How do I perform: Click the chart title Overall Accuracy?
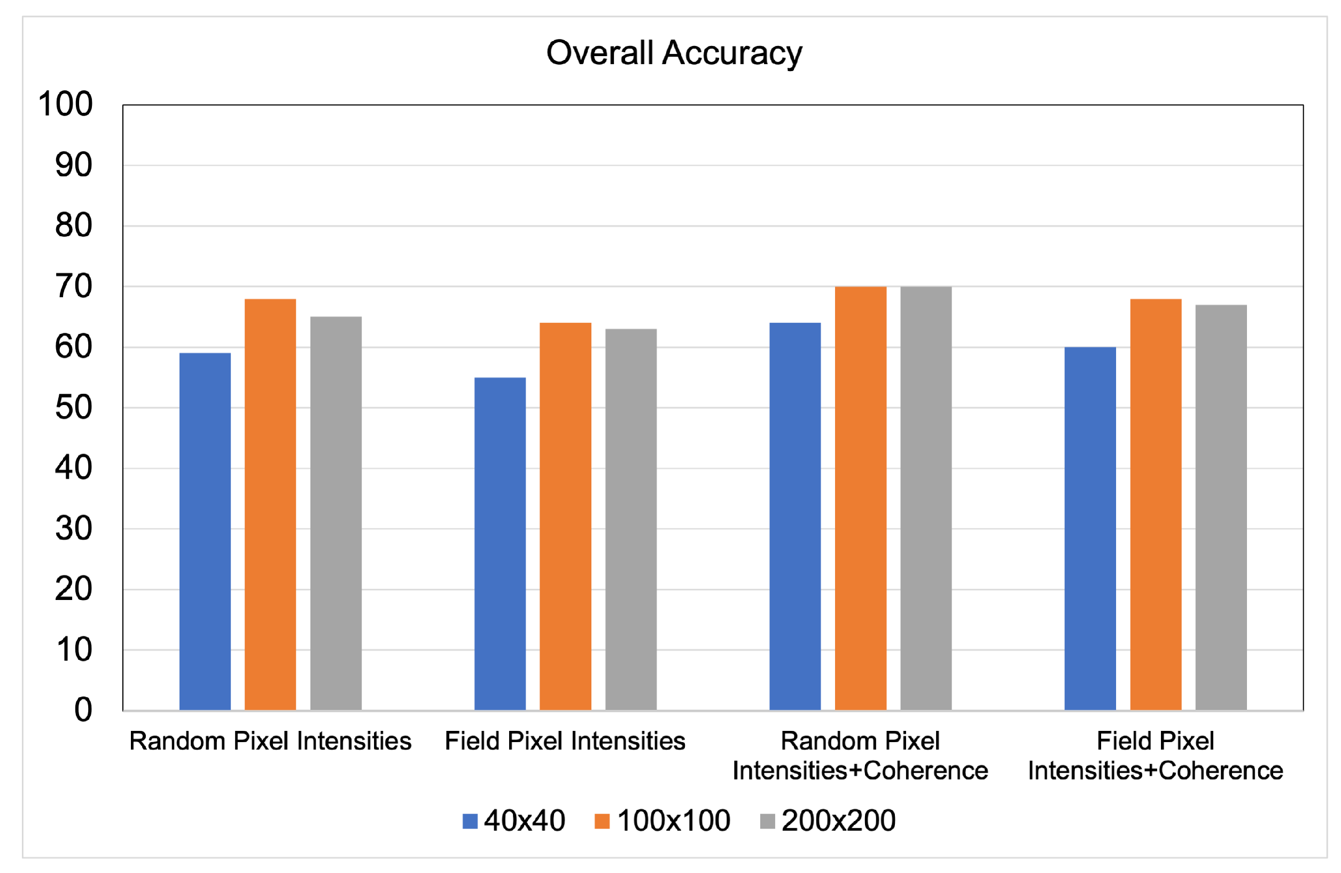coord(674,53)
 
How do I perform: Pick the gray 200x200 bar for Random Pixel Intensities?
coord(336,513)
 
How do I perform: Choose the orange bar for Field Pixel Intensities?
coord(565,516)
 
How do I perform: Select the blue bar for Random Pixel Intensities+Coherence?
coord(795,516)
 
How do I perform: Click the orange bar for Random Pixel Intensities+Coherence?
coord(860,498)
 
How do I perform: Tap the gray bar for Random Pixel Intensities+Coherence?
coord(926,498)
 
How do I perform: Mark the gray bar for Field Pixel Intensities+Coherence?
coord(1221,507)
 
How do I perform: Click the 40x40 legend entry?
coord(514,821)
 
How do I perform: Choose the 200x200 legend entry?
coord(828,821)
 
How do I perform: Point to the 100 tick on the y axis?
coord(65,104)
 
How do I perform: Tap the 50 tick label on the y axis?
coord(74,408)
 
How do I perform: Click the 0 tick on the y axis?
coord(83,710)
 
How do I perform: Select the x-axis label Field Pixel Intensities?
coord(565,741)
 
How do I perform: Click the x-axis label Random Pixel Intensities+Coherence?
coord(860,756)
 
